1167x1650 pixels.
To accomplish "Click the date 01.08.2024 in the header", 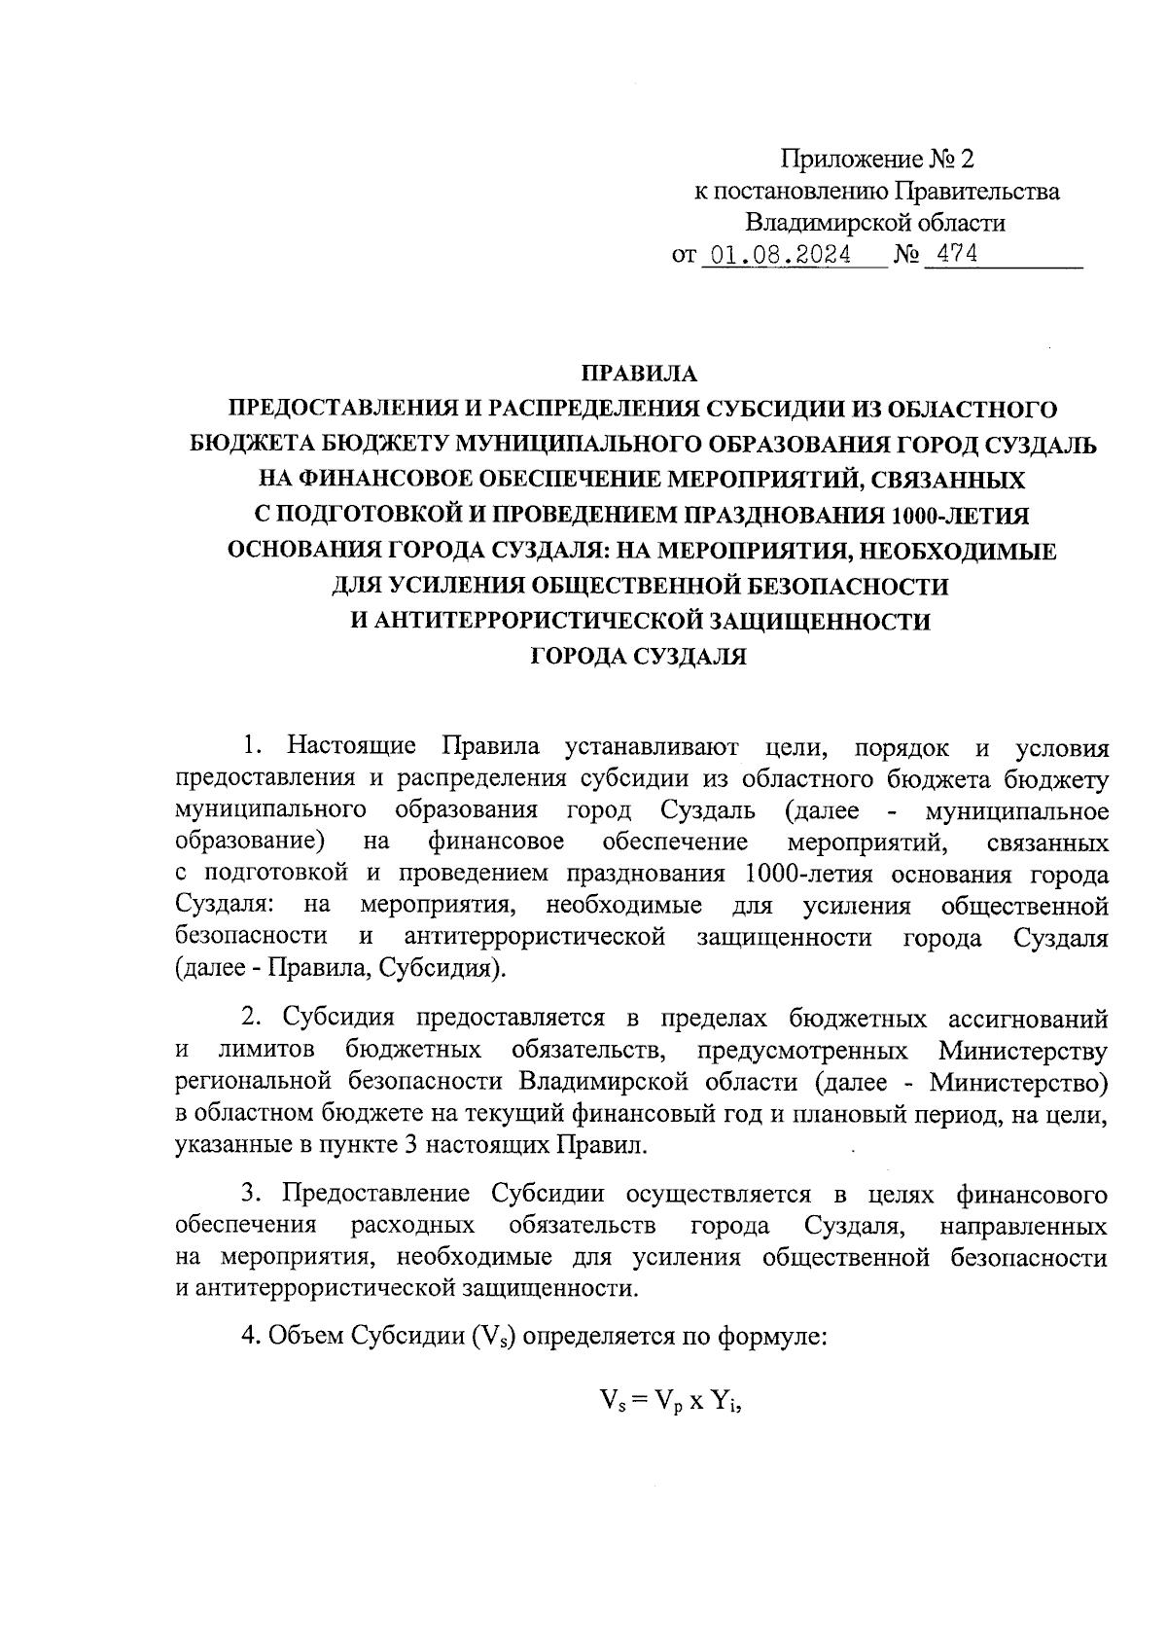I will click(x=782, y=256).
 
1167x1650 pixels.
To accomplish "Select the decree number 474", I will click(x=953, y=255).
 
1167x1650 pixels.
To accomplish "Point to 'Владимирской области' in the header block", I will click(x=875, y=223).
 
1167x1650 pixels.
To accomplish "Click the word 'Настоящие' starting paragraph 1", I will click(x=352, y=746).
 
